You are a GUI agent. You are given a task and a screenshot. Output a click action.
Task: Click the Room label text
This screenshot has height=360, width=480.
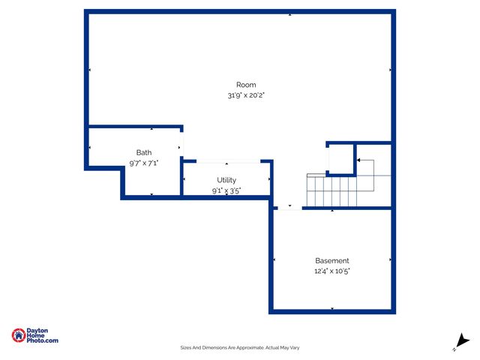[x=246, y=85]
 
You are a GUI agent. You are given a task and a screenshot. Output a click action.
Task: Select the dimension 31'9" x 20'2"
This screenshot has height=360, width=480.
[x=246, y=96]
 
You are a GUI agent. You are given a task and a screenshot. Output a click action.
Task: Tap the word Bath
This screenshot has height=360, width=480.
[x=143, y=152]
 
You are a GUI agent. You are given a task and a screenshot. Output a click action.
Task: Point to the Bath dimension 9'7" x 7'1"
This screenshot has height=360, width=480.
[x=143, y=163]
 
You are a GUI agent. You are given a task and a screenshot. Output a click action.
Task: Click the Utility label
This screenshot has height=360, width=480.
[x=226, y=180]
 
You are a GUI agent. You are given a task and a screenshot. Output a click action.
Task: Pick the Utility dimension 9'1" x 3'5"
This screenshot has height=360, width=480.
[x=226, y=191]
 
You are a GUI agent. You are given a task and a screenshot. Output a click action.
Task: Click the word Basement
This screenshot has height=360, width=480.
[x=331, y=260]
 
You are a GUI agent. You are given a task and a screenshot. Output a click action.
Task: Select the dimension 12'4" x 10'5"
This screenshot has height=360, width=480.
[x=331, y=271]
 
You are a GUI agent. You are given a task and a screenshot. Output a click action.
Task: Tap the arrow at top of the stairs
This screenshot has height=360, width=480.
[x=359, y=160]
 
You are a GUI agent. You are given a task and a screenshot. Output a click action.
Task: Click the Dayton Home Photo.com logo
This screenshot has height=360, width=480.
[x=34, y=336]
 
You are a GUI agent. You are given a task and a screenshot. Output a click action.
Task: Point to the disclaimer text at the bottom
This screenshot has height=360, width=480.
[x=239, y=347]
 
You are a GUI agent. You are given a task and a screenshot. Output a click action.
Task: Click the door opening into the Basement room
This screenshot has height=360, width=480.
[x=289, y=208]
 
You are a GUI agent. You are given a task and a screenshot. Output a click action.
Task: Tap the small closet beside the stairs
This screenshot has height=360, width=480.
[x=340, y=158]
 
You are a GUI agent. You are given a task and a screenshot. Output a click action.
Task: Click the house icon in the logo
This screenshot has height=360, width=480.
[x=18, y=335]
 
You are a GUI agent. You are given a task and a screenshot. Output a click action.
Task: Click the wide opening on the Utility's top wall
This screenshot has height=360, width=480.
[x=227, y=160]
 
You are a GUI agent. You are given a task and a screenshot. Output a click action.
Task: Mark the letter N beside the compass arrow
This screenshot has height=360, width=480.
[x=454, y=349]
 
